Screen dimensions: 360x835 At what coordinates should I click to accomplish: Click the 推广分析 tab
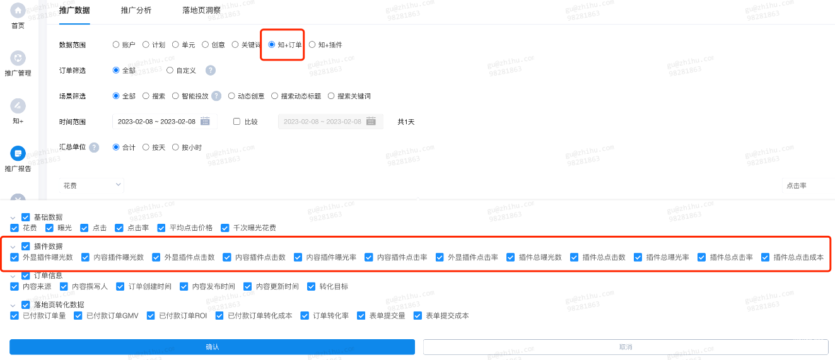coord(136,11)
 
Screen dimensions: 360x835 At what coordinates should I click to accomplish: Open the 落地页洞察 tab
coord(201,11)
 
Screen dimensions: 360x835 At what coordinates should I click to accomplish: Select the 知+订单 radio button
coord(272,45)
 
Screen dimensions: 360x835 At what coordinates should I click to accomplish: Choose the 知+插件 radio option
coord(312,45)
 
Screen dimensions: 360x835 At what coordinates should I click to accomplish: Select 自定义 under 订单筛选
coord(170,71)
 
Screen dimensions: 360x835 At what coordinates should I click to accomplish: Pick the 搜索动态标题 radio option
coord(275,96)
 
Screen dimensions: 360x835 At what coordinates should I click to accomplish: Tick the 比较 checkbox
coord(237,122)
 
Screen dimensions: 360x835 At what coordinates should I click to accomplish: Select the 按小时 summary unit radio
coord(176,148)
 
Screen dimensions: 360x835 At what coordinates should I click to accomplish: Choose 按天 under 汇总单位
coord(146,148)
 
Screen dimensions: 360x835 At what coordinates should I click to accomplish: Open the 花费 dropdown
coord(92,185)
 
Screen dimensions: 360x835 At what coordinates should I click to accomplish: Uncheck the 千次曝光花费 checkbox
coord(225,228)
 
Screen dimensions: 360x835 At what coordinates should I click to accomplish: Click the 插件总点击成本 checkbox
coord(766,257)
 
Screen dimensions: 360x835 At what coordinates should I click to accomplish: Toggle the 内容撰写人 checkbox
coord(64,286)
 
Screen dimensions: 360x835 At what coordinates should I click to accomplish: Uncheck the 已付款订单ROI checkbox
coord(151,315)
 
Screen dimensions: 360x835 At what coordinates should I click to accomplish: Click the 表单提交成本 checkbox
coord(418,315)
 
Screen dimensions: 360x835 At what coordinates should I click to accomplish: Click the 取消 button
coord(625,347)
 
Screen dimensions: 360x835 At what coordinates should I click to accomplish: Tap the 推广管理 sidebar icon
coord(18,59)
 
